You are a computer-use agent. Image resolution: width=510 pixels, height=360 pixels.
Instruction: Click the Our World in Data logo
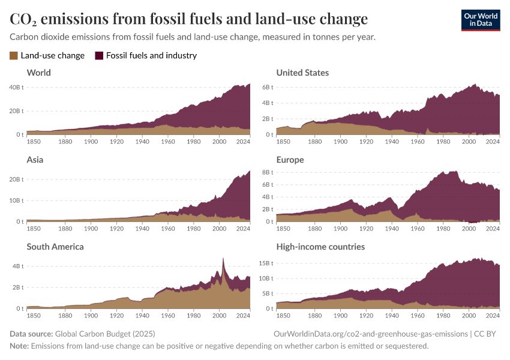coord(480,20)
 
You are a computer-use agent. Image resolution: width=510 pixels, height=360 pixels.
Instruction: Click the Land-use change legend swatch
coord(14,56)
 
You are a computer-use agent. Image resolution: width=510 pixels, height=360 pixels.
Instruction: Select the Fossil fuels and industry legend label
coord(151,56)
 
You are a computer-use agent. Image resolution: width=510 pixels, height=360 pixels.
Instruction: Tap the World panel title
coord(38,73)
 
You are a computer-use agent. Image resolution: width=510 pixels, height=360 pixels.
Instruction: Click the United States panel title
coord(302,73)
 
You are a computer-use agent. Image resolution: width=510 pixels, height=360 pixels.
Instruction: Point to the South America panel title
coord(55,247)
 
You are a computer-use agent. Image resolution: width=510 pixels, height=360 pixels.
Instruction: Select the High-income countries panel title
coord(320,247)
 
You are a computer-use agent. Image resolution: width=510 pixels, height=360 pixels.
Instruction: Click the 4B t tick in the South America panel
coord(18,265)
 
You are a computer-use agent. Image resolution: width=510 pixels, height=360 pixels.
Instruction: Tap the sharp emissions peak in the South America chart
coord(223,259)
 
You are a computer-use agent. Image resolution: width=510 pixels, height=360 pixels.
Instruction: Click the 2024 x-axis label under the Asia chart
coord(243,228)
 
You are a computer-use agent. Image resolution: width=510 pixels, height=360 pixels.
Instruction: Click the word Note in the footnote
coord(19,346)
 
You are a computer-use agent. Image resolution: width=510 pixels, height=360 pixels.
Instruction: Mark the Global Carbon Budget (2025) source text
coord(105,334)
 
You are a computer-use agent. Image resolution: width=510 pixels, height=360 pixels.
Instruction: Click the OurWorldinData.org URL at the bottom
coord(370,334)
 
